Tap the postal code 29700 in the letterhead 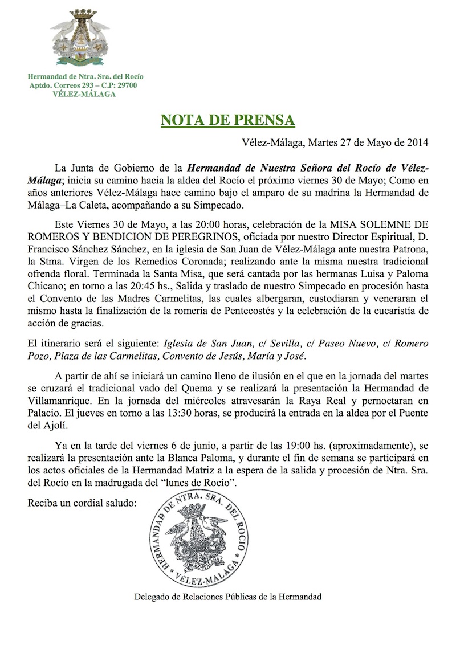(x=125, y=85)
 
